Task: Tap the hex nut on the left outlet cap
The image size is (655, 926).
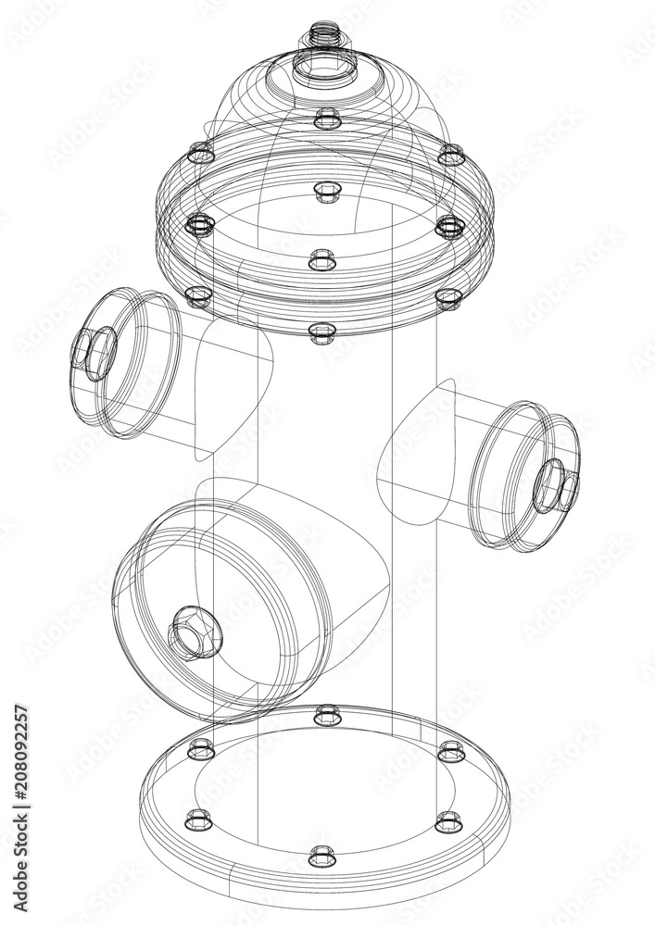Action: [x=95, y=353]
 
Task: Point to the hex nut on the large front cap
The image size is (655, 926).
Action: [x=194, y=634]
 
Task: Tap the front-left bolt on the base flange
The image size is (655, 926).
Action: [x=197, y=819]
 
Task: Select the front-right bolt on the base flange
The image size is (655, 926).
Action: [x=447, y=820]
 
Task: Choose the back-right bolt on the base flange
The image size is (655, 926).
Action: [x=449, y=748]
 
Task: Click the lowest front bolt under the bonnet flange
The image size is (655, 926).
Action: [x=321, y=332]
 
